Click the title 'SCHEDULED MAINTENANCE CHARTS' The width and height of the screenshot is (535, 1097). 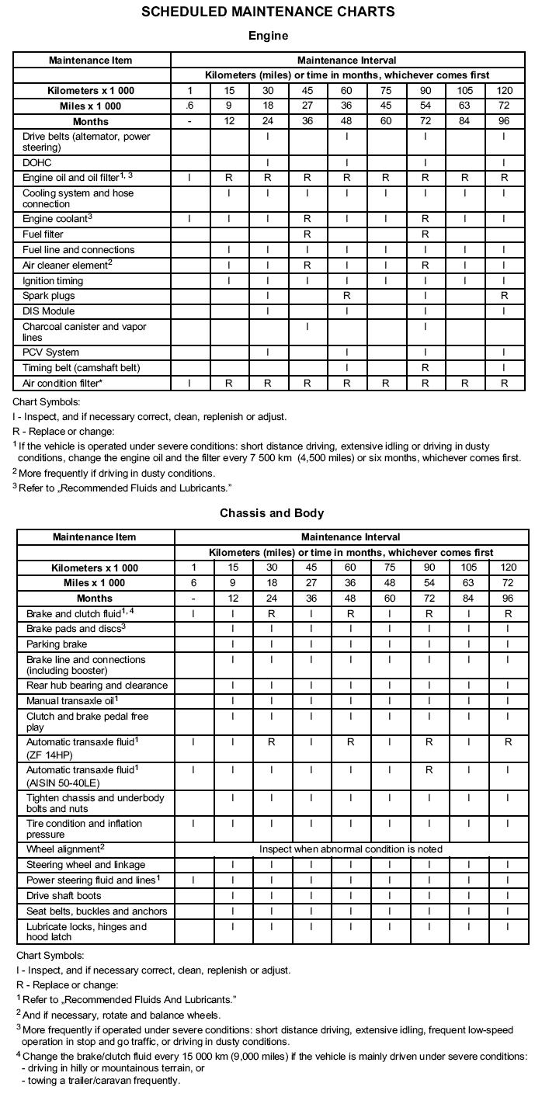[x=267, y=12]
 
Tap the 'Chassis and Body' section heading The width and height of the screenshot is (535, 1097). [x=272, y=513]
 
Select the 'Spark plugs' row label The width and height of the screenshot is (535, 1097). [x=49, y=296]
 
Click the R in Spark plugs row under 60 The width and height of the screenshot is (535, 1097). [x=346, y=296]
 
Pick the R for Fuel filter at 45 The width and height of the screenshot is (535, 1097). [x=307, y=234]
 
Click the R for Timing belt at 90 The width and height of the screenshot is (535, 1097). [x=425, y=367]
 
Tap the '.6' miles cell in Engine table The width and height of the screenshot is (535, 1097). [x=189, y=106]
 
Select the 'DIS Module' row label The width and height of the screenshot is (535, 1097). [x=49, y=311]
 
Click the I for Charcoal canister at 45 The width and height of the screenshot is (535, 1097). [x=307, y=327]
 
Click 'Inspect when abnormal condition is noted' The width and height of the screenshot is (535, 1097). [x=350, y=849]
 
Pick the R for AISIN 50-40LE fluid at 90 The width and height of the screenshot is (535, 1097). [x=429, y=769]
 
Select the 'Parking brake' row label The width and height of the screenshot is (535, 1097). [x=57, y=644]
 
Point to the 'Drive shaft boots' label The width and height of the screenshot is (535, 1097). [x=64, y=896]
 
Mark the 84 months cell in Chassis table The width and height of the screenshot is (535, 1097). [x=468, y=599]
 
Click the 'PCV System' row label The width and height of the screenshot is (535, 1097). [x=50, y=352]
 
